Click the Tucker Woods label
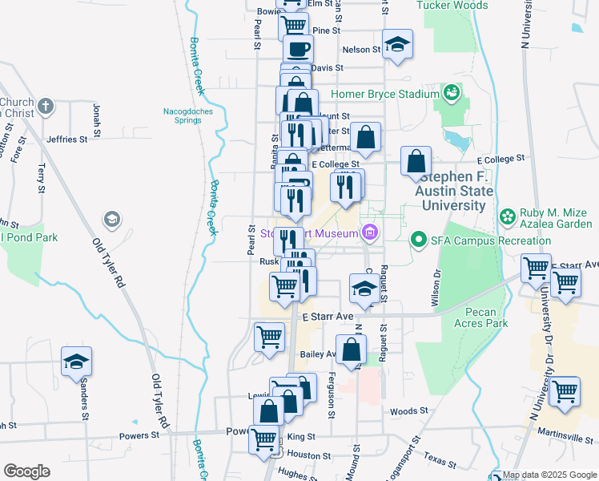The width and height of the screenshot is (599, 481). click(x=452, y=6)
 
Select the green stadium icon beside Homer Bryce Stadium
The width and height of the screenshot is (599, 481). click(x=452, y=92)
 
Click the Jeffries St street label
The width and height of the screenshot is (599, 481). click(x=66, y=139)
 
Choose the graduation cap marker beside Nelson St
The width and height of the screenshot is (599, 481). click(x=397, y=46)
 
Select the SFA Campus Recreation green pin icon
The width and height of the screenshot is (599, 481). click(x=418, y=240)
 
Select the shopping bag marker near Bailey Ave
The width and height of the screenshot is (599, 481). click(x=351, y=350)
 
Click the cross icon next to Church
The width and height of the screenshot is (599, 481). click(x=46, y=105)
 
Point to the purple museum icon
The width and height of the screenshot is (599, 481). click(x=370, y=233)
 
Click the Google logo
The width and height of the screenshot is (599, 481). click(x=26, y=471)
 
